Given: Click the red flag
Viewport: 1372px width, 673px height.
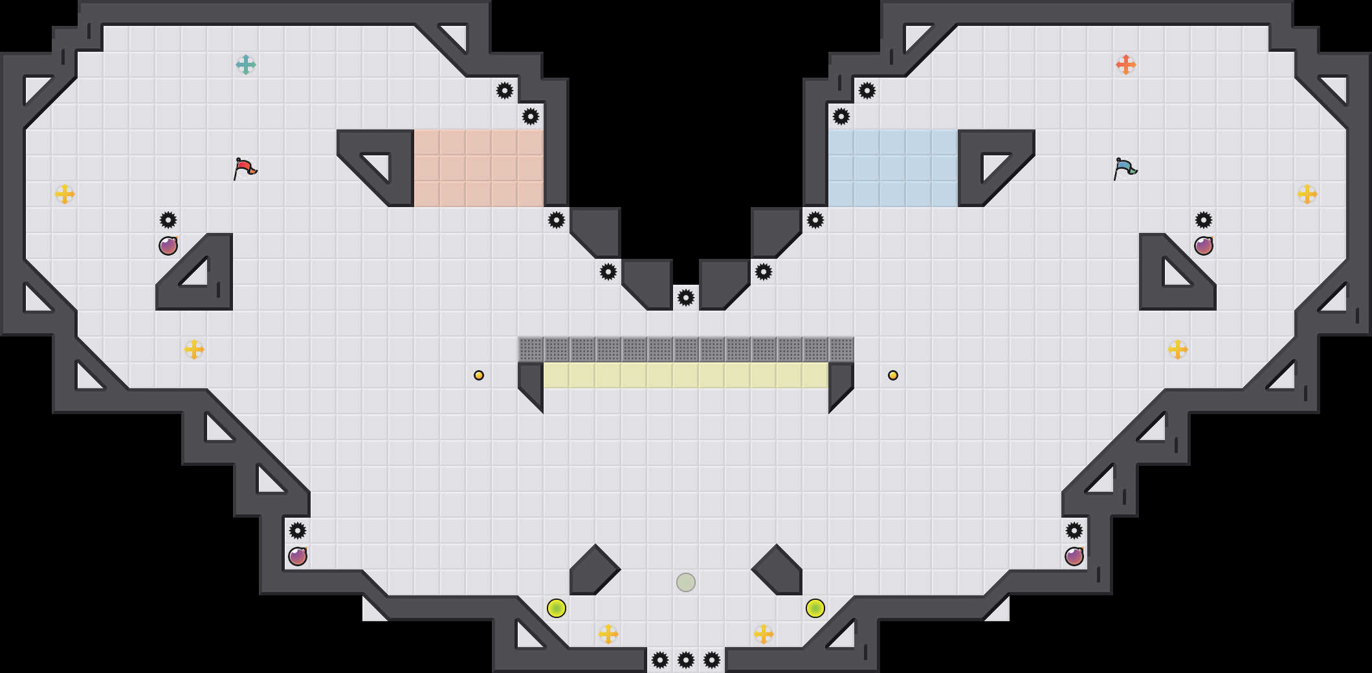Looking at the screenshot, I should [245, 168].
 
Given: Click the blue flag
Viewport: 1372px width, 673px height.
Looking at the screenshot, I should [1125, 168].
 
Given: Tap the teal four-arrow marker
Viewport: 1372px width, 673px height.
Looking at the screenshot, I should [246, 65].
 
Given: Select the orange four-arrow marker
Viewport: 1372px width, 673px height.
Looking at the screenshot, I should [1126, 65].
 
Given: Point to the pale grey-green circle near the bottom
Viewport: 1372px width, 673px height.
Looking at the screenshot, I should [686, 582].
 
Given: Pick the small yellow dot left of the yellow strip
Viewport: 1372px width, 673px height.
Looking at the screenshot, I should [479, 375].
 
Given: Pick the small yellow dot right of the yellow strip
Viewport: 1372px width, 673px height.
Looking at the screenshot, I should [893, 375].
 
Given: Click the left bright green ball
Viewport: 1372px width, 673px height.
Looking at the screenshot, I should [557, 608].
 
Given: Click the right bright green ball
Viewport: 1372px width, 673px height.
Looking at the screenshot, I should [815, 608].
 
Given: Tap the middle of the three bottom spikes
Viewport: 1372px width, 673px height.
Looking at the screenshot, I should [686, 660].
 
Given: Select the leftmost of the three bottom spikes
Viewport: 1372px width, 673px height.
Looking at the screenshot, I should [660, 660].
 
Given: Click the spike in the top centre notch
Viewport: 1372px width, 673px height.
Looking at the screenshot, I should [686, 298].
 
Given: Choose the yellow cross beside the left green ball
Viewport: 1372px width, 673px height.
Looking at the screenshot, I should [608, 634].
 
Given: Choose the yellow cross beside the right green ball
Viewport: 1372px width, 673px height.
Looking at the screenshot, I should [764, 634].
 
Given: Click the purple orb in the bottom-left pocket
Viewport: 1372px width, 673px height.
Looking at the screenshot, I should [298, 557].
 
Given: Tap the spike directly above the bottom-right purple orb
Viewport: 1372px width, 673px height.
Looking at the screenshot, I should [1074, 531].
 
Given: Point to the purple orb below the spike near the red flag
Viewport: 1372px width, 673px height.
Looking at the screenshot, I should [168, 246].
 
